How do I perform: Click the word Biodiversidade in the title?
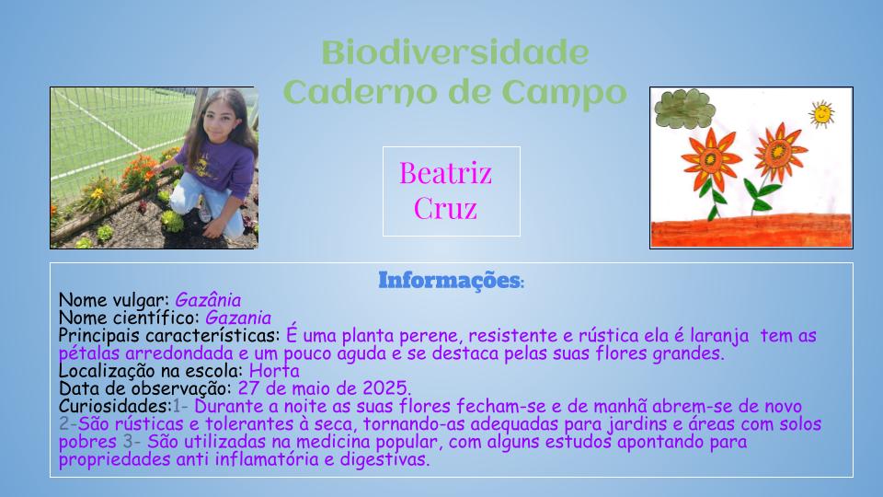(x=455, y=53)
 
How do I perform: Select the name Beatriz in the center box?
(x=445, y=173)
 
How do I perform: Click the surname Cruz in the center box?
(x=445, y=209)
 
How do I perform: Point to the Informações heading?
(x=451, y=280)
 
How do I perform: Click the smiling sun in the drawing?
(x=821, y=114)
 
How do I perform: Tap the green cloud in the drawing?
(x=684, y=109)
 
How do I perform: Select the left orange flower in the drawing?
(x=710, y=158)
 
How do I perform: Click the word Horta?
(x=274, y=371)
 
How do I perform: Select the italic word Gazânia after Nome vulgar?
(x=208, y=300)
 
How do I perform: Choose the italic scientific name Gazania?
(x=238, y=318)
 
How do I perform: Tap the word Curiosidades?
(x=115, y=406)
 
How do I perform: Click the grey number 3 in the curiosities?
(x=128, y=442)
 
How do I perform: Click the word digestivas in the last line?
(x=384, y=459)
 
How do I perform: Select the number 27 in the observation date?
(x=247, y=388)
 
